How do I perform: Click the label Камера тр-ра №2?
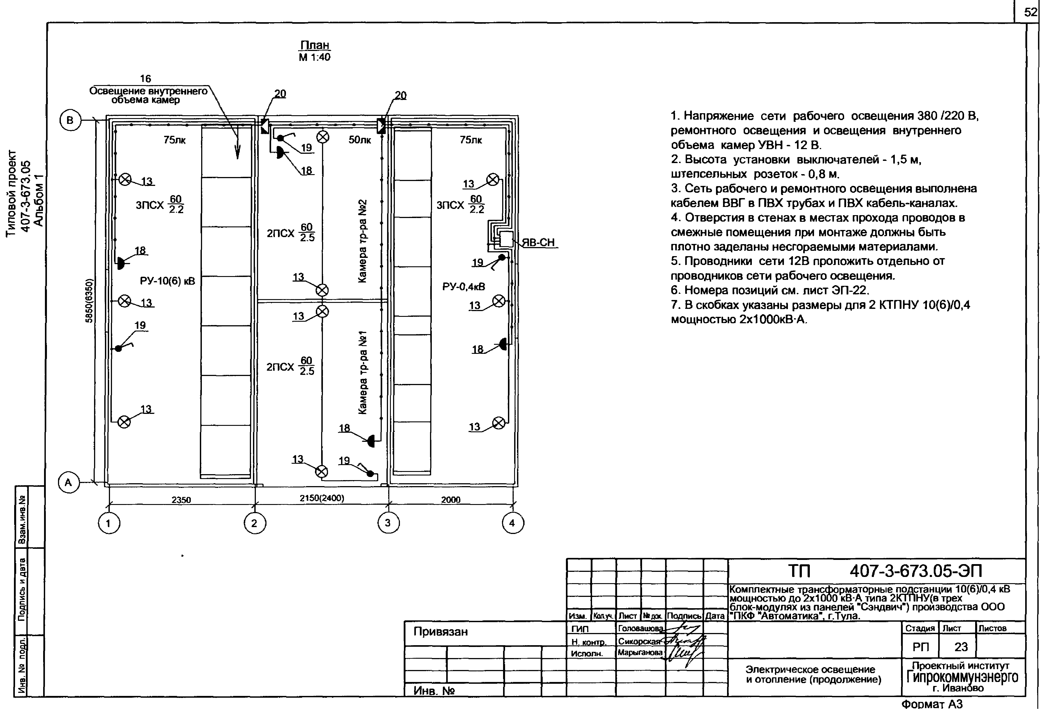pos(363,241)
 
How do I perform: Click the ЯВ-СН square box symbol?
pos(506,240)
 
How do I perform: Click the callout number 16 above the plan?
pos(145,79)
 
